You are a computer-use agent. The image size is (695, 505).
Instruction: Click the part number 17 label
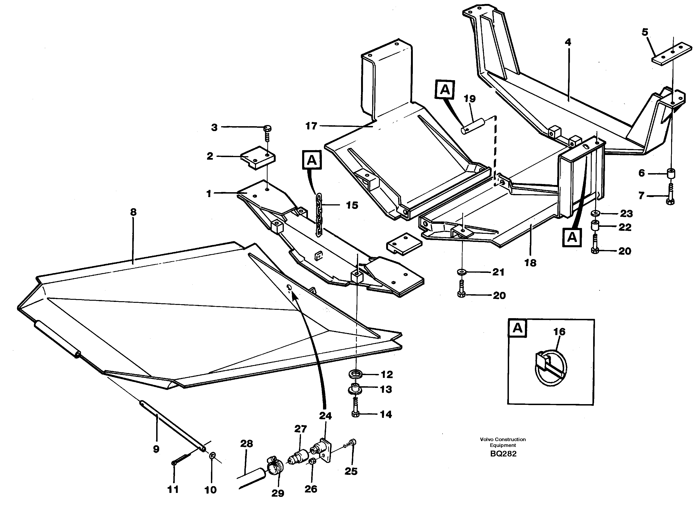coord(311,126)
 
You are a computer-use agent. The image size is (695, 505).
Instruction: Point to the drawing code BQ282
coord(503,454)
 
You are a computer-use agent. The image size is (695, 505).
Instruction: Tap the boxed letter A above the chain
coord(312,160)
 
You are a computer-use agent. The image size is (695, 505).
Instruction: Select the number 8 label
coord(133,212)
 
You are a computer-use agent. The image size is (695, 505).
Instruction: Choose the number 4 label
coord(568,42)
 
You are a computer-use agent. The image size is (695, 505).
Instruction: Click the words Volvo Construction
coord(503,439)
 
